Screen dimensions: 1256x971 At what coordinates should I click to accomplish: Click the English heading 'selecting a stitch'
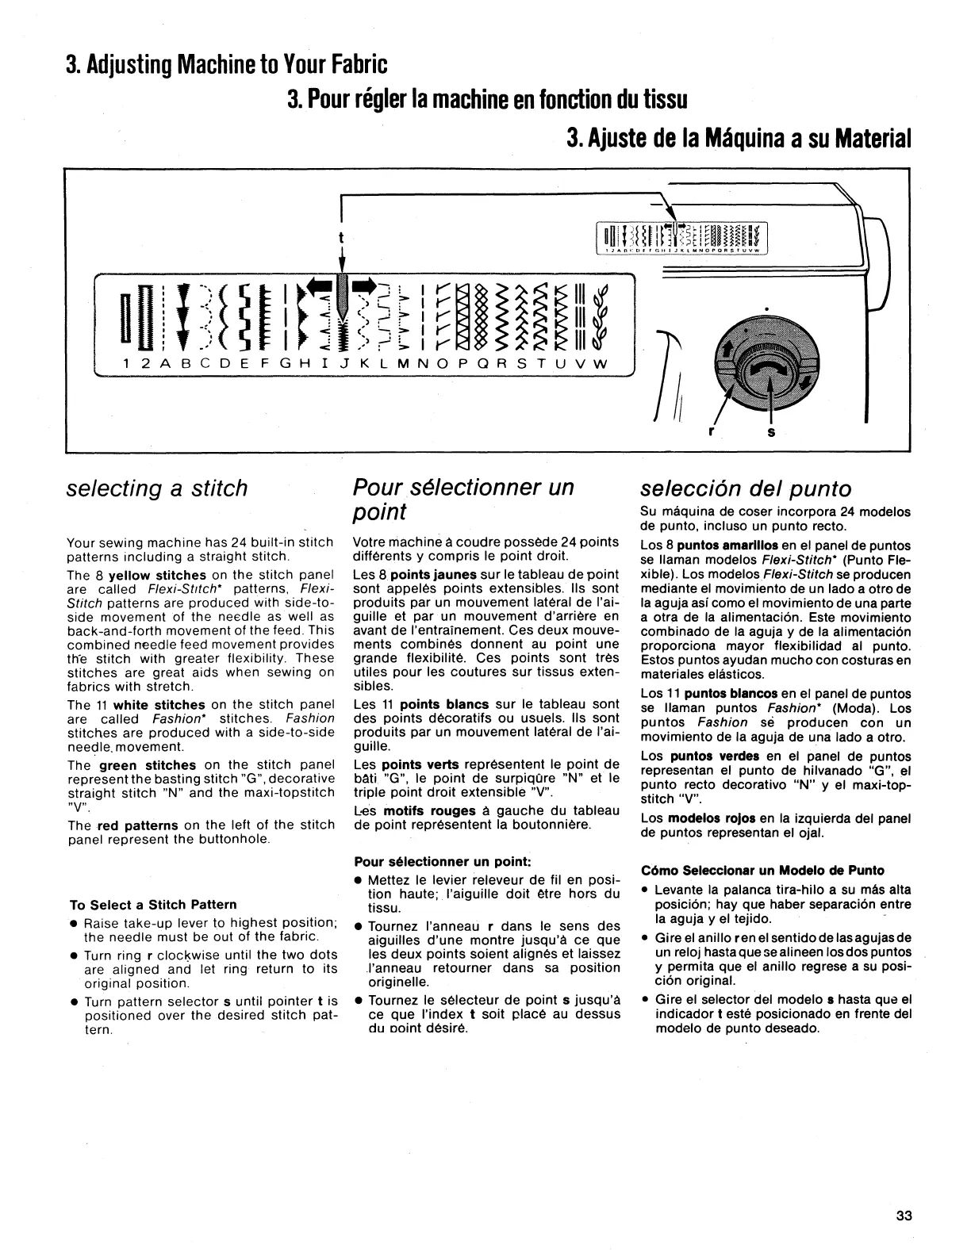coord(157,488)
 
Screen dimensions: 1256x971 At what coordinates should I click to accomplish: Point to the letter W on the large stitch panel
coord(601,363)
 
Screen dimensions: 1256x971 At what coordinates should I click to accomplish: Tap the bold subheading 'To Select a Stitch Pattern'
coord(153,905)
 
